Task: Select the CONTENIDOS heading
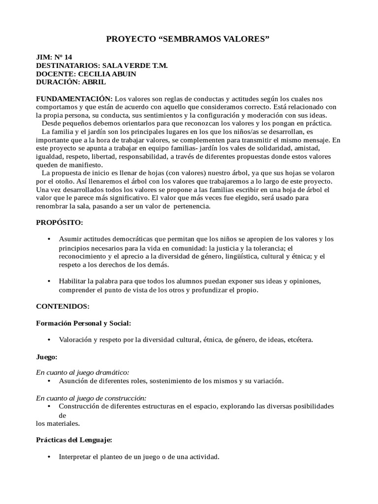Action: [63, 306]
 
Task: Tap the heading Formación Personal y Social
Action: [84, 323]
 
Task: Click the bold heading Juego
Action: [46, 356]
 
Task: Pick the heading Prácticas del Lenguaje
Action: [74, 440]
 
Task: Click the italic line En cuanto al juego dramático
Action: [83, 373]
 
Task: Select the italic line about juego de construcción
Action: [92, 398]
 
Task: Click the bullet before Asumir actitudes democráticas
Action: [49, 239]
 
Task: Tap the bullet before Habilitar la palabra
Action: [49, 281]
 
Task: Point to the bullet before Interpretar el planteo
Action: [49, 457]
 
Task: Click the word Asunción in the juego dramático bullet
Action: [73, 381]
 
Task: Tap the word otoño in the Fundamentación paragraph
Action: [64, 182]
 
